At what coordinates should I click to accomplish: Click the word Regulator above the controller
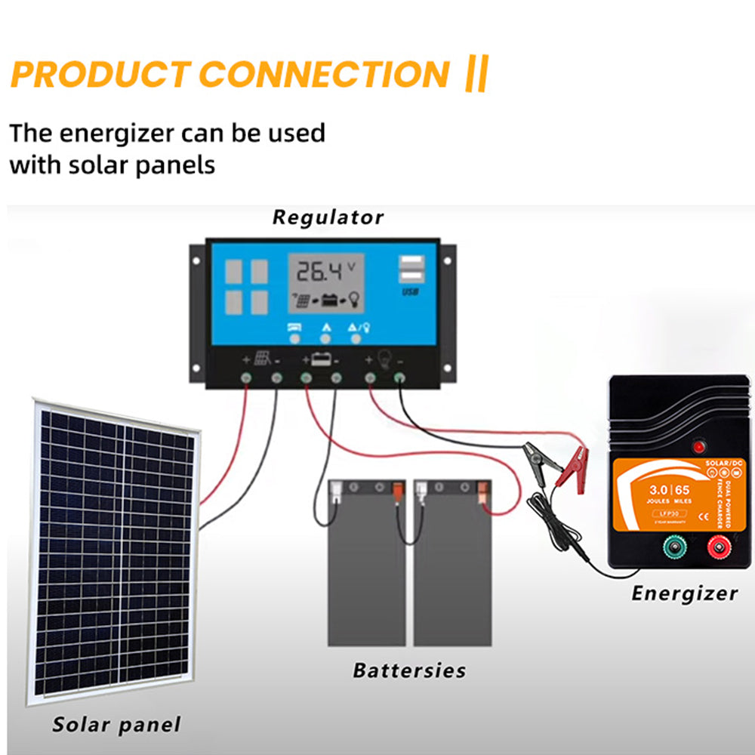(328, 218)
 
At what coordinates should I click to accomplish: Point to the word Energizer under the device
(684, 593)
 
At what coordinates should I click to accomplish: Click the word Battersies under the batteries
(409, 670)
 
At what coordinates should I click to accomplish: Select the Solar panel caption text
(116, 726)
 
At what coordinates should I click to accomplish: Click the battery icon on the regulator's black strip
(320, 359)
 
